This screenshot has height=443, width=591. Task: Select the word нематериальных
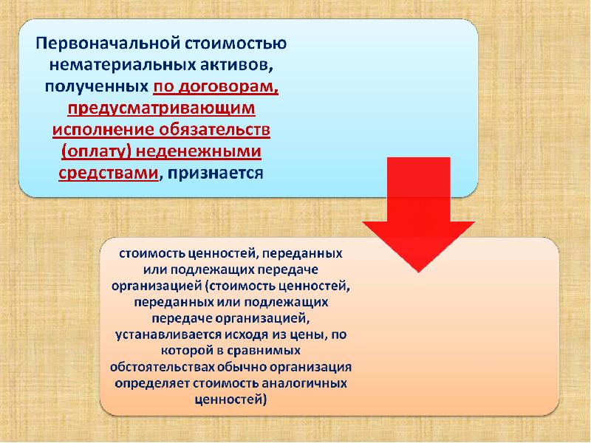(109, 65)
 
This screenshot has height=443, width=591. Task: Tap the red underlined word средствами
(108, 173)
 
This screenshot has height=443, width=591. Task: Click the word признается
(215, 173)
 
